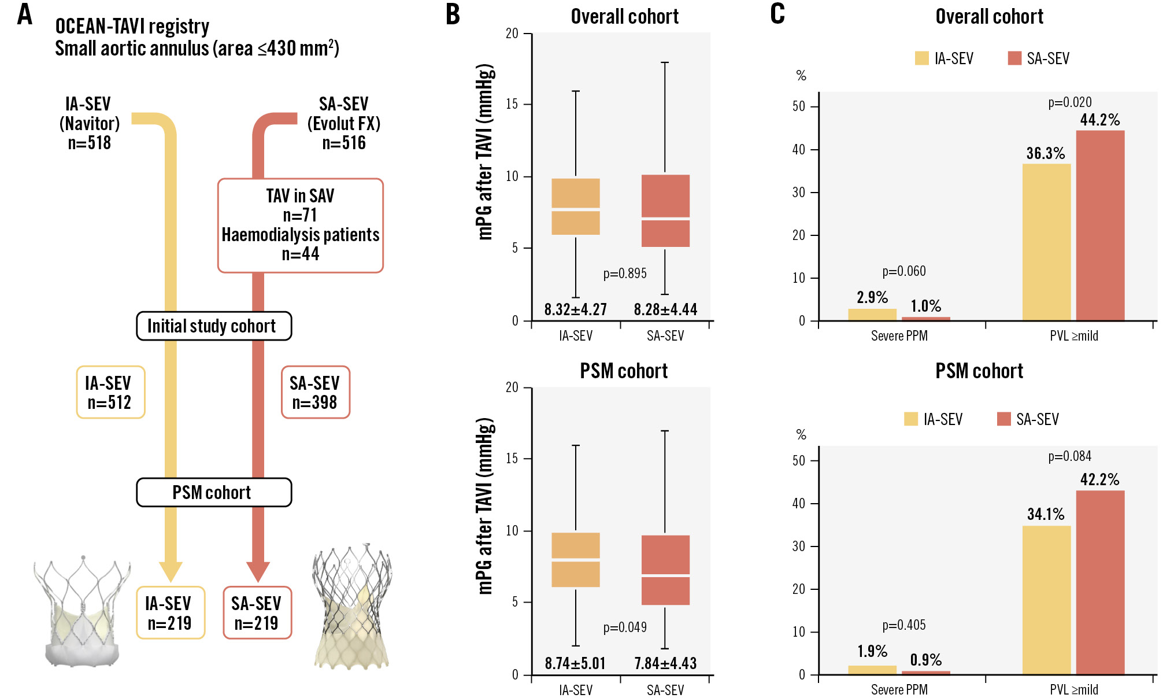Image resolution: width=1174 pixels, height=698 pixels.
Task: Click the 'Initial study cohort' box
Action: [x=214, y=326]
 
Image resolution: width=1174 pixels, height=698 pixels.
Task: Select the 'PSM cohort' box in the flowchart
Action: [x=214, y=493]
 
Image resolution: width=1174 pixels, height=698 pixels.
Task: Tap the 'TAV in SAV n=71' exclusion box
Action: [x=300, y=225]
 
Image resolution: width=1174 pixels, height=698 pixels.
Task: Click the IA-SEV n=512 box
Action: [x=110, y=392]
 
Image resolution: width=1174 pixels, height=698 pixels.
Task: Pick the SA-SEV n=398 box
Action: [x=315, y=392]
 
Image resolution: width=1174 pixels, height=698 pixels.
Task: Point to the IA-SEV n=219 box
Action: [x=171, y=613]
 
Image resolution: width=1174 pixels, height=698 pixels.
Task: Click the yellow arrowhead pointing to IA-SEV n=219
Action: [x=171, y=571]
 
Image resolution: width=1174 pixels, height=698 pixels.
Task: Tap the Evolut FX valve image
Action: [x=352, y=607]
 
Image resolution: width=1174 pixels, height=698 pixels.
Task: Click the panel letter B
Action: [x=453, y=14]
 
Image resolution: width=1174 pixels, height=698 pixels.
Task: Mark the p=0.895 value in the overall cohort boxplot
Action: [x=625, y=274]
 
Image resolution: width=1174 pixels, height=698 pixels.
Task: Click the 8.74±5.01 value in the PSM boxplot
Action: [x=575, y=663]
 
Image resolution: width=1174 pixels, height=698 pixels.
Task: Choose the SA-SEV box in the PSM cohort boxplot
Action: [x=665, y=570]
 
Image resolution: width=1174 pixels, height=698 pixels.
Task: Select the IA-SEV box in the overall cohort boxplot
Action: [x=576, y=206]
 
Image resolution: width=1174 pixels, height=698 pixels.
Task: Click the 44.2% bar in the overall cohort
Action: [x=1100, y=226]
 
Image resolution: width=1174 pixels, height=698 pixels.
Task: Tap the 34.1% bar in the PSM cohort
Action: [x=1046, y=600]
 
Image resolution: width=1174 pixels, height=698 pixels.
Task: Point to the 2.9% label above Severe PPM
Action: [x=872, y=297]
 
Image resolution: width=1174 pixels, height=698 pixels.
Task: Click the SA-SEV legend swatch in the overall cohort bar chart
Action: [x=1014, y=58]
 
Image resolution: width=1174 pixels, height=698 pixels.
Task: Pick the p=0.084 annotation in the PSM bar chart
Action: [x=1070, y=456]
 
